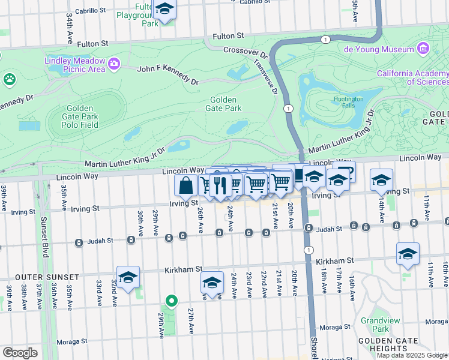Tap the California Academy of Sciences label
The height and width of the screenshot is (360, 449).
(412, 77)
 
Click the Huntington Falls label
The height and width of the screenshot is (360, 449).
(349, 103)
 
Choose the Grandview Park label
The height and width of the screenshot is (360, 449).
(376, 325)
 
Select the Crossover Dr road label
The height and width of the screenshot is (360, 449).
(244, 52)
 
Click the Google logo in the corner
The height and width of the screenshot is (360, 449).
(20, 353)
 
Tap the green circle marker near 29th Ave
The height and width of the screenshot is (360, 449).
(172, 301)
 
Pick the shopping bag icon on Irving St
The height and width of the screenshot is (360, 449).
(186, 185)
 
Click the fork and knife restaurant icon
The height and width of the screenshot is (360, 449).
(221, 185)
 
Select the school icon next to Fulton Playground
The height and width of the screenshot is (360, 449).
(164, 10)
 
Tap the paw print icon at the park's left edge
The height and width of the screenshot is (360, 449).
(9, 79)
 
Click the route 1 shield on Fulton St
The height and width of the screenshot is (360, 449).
(325, 39)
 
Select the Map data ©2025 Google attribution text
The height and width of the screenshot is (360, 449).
(412, 355)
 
